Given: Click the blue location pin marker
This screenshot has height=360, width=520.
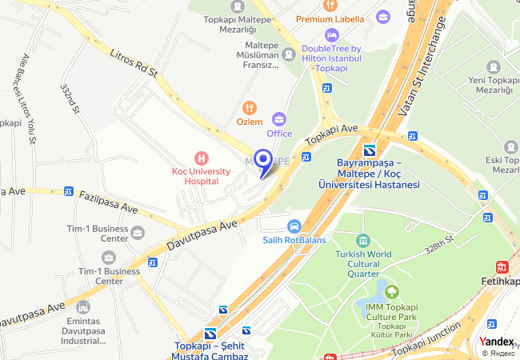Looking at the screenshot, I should click(262, 160).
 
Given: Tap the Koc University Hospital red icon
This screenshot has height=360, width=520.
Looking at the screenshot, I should click(201, 158).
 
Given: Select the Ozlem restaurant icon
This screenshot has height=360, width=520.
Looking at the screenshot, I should click(250, 107).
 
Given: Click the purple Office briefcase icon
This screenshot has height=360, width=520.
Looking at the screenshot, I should click(279, 118).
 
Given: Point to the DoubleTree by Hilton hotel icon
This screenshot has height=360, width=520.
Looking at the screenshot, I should click(331, 35).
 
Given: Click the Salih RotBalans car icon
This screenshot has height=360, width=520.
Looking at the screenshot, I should click(294, 226).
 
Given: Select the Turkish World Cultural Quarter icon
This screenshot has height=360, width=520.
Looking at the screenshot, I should click(363, 241).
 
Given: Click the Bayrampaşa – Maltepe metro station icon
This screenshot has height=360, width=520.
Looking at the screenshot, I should click(370, 151).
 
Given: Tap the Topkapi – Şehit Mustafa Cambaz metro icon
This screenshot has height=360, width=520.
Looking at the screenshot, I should click(210, 334).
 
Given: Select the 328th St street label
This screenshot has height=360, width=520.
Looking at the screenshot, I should click(439, 245).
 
